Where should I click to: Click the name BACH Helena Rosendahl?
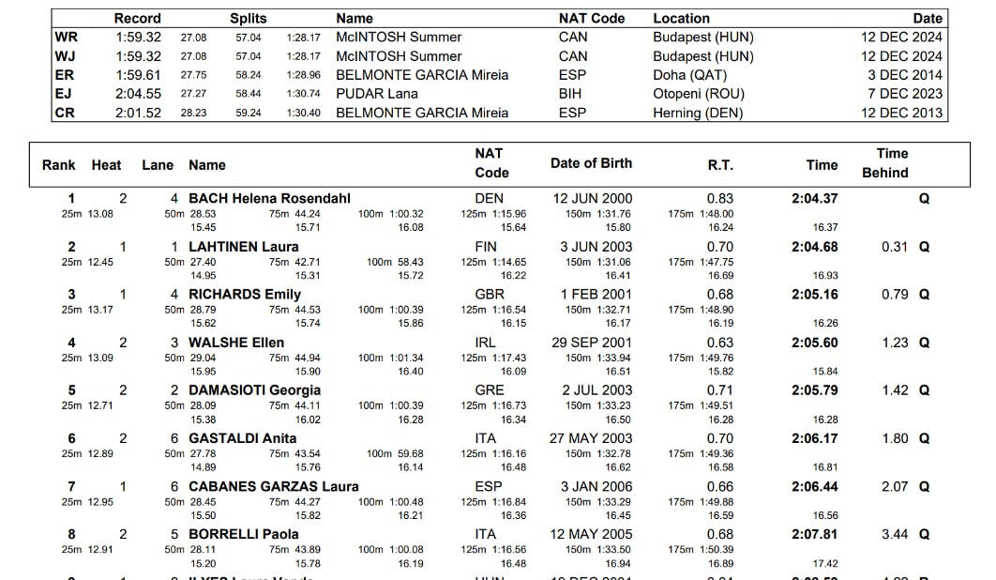click(x=269, y=198)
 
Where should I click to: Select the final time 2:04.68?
click(x=814, y=247)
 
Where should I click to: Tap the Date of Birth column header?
click(x=591, y=163)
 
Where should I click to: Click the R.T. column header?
click(x=720, y=164)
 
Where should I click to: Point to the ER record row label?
click(x=66, y=75)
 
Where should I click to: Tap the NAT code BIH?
click(x=571, y=94)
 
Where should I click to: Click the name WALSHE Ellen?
click(x=236, y=343)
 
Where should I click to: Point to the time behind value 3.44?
click(x=895, y=534)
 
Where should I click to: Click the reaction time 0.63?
click(x=720, y=343)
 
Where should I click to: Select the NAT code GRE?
click(x=489, y=390)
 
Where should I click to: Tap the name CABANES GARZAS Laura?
click(x=274, y=486)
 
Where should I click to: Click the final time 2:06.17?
click(x=814, y=438)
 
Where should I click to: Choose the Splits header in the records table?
click(x=249, y=18)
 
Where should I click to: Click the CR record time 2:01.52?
click(x=139, y=113)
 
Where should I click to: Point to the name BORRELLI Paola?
click(x=244, y=534)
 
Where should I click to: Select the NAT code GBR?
click(x=490, y=295)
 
